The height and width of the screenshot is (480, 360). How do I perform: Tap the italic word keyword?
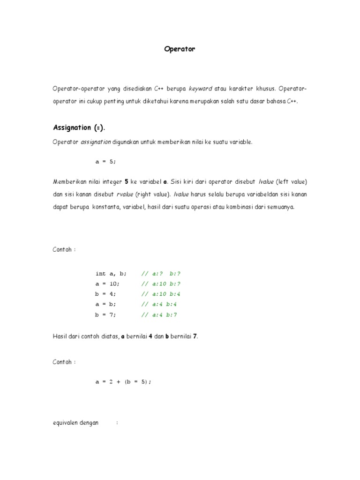tap(200, 88)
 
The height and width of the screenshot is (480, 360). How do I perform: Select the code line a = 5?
tap(105, 162)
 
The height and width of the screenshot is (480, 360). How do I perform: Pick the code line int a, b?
tap(111, 273)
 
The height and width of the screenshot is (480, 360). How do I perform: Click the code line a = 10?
tap(107, 284)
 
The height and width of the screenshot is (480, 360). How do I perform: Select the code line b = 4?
tap(105, 294)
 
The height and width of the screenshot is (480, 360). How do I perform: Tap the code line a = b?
tap(105, 304)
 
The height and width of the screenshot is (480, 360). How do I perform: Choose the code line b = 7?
tap(105, 315)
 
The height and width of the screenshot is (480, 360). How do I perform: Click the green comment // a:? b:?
tap(161, 273)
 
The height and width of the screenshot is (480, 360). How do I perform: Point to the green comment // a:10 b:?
tap(161, 284)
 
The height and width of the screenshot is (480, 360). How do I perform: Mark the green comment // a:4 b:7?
tap(159, 315)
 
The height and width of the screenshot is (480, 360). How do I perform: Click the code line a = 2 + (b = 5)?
tap(124, 382)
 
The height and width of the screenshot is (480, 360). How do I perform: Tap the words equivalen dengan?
tap(75, 422)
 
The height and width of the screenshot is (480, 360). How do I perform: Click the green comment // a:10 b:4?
tap(161, 294)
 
